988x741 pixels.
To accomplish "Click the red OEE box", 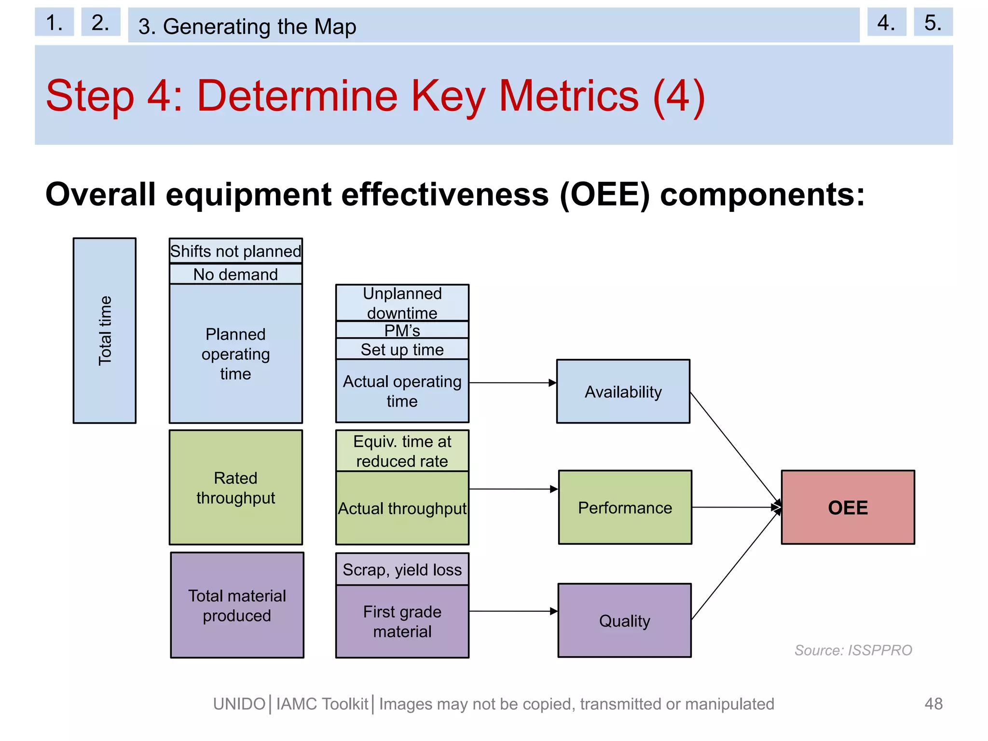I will pyautogui.click(x=848, y=507).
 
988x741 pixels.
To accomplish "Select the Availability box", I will pyautogui.click(x=623, y=391).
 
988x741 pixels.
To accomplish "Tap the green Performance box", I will pyautogui.click(x=625, y=507).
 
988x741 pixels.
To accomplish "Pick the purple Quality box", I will pyautogui.click(x=624, y=620).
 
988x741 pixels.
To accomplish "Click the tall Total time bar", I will pyautogui.click(x=105, y=330).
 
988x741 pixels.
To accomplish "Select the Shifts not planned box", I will pyautogui.click(x=235, y=251).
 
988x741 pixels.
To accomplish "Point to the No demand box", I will pyautogui.click(x=235, y=274).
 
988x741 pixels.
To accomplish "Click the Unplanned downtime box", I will pyautogui.click(x=402, y=302).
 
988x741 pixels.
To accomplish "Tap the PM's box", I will pyautogui.click(x=402, y=330).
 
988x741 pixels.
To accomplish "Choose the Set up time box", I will pyautogui.click(x=402, y=349).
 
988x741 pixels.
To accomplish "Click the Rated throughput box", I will pyautogui.click(x=235, y=487).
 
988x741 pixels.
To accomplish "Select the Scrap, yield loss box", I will pyautogui.click(x=402, y=569).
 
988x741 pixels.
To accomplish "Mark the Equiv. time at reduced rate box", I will pyautogui.click(x=402, y=451).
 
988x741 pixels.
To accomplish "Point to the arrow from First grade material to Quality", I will pyautogui.click(x=512, y=611).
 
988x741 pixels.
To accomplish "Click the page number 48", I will pyautogui.click(x=933, y=703).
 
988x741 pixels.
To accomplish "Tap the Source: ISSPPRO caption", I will pyautogui.click(x=853, y=650).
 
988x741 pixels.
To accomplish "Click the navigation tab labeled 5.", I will pyautogui.click(x=933, y=22).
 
